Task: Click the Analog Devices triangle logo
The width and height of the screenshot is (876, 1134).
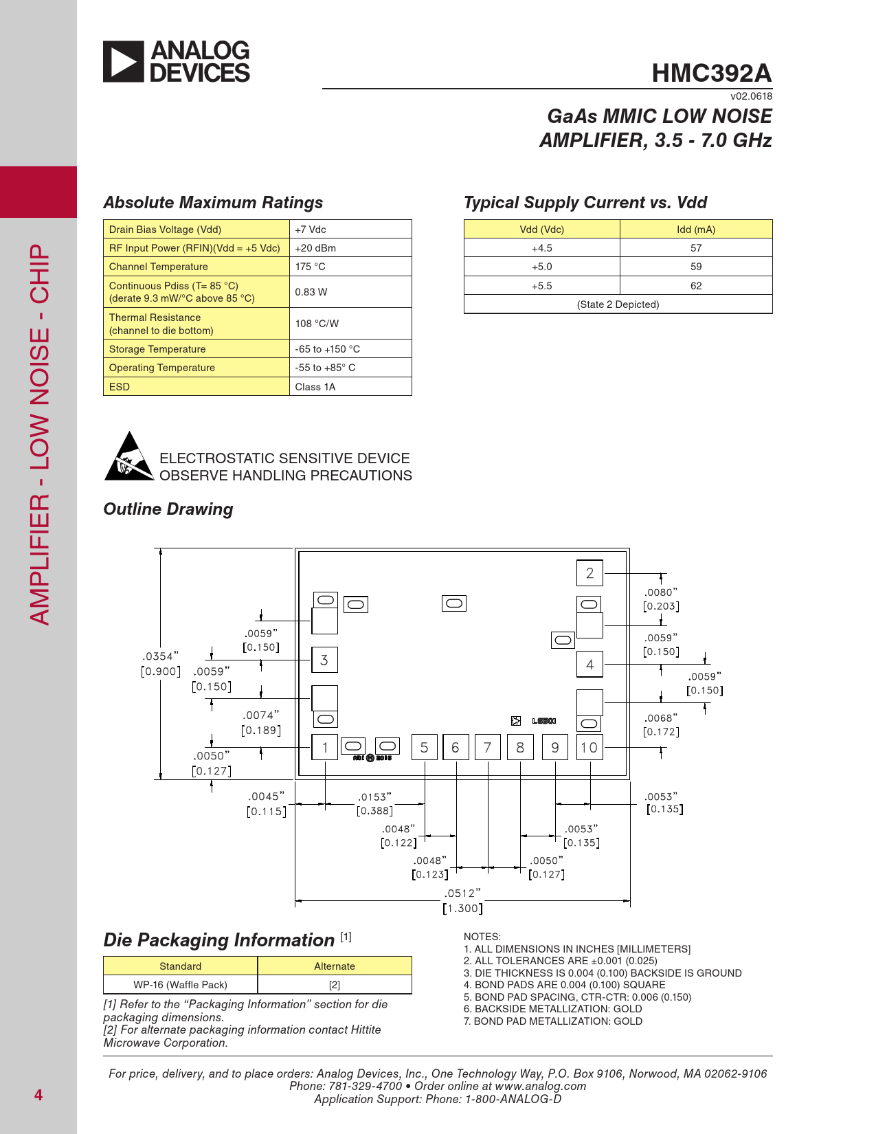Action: pos(124,62)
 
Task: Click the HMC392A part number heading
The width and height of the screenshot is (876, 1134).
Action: pos(711,74)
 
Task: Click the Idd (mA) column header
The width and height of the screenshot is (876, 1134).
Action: pos(695,230)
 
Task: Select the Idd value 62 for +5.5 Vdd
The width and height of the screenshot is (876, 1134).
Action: pos(695,286)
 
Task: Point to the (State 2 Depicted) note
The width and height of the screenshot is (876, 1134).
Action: pos(618,304)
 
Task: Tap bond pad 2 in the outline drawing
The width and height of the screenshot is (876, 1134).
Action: pos(589,573)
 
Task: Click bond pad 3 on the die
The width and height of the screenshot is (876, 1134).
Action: pos(324,660)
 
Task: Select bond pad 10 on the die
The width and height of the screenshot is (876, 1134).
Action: pos(589,748)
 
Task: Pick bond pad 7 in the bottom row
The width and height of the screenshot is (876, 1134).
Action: pos(487,748)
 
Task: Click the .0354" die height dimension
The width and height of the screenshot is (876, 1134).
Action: pos(160,656)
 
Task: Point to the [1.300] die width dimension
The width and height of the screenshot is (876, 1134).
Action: pos(462,909)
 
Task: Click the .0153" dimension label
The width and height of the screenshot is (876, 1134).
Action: pos(374,797)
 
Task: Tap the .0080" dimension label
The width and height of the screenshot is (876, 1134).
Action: pos(660,592)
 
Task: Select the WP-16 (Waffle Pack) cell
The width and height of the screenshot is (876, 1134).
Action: pos(180,985)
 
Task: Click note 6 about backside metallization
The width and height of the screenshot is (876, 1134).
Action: pos(552,1009)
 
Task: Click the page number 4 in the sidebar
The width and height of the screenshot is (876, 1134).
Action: pos(38,1095)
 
